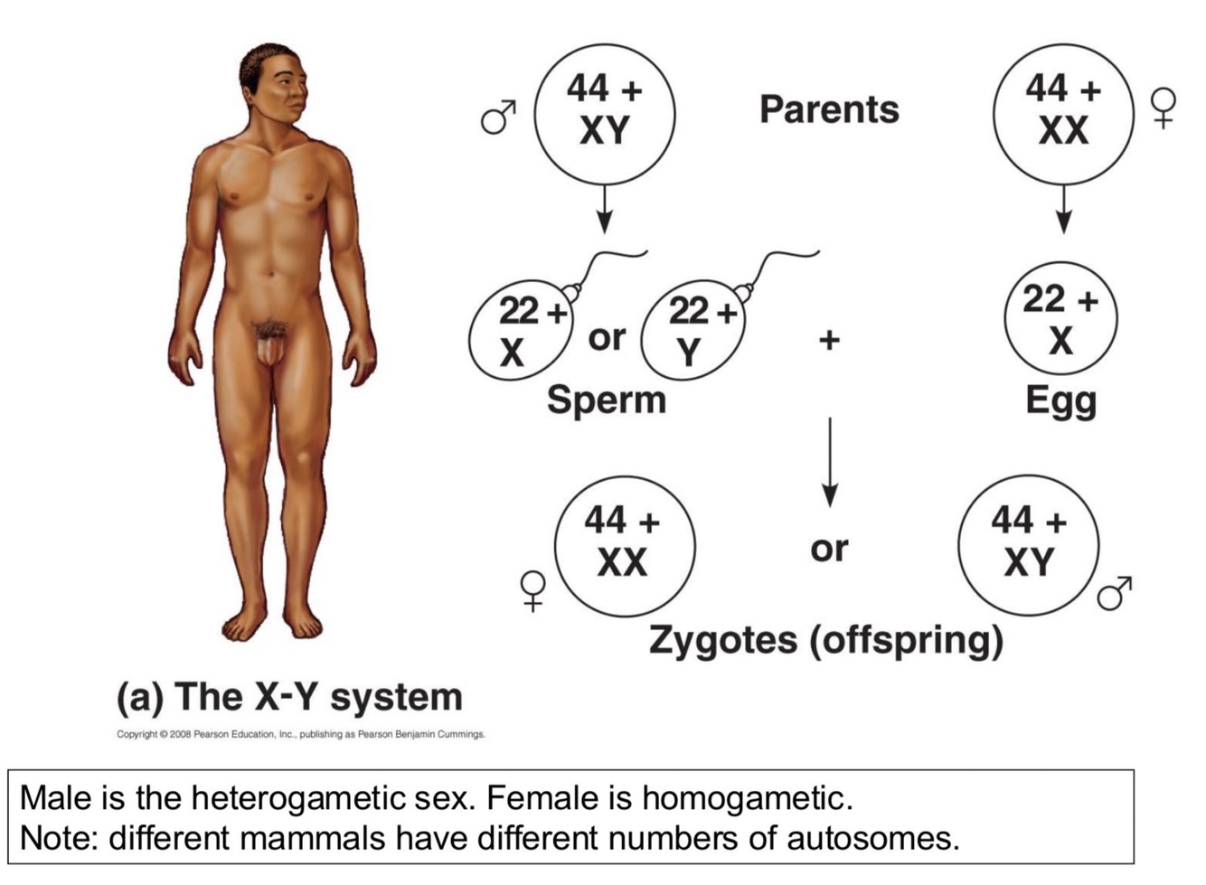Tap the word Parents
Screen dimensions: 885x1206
[829, 109]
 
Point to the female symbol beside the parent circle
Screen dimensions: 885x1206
[1164, 108]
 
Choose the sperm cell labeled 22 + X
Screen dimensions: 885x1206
[520, 330]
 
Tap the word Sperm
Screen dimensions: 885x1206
[606, 400]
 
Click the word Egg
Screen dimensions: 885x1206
[1060, 401]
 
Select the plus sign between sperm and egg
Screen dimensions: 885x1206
[829, 340]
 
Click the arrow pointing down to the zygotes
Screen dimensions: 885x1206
[829, 462]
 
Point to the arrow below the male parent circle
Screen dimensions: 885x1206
[605, 209]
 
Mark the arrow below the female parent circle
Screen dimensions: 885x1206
[1063, 209]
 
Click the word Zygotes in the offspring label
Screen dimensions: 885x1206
[723, 640]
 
